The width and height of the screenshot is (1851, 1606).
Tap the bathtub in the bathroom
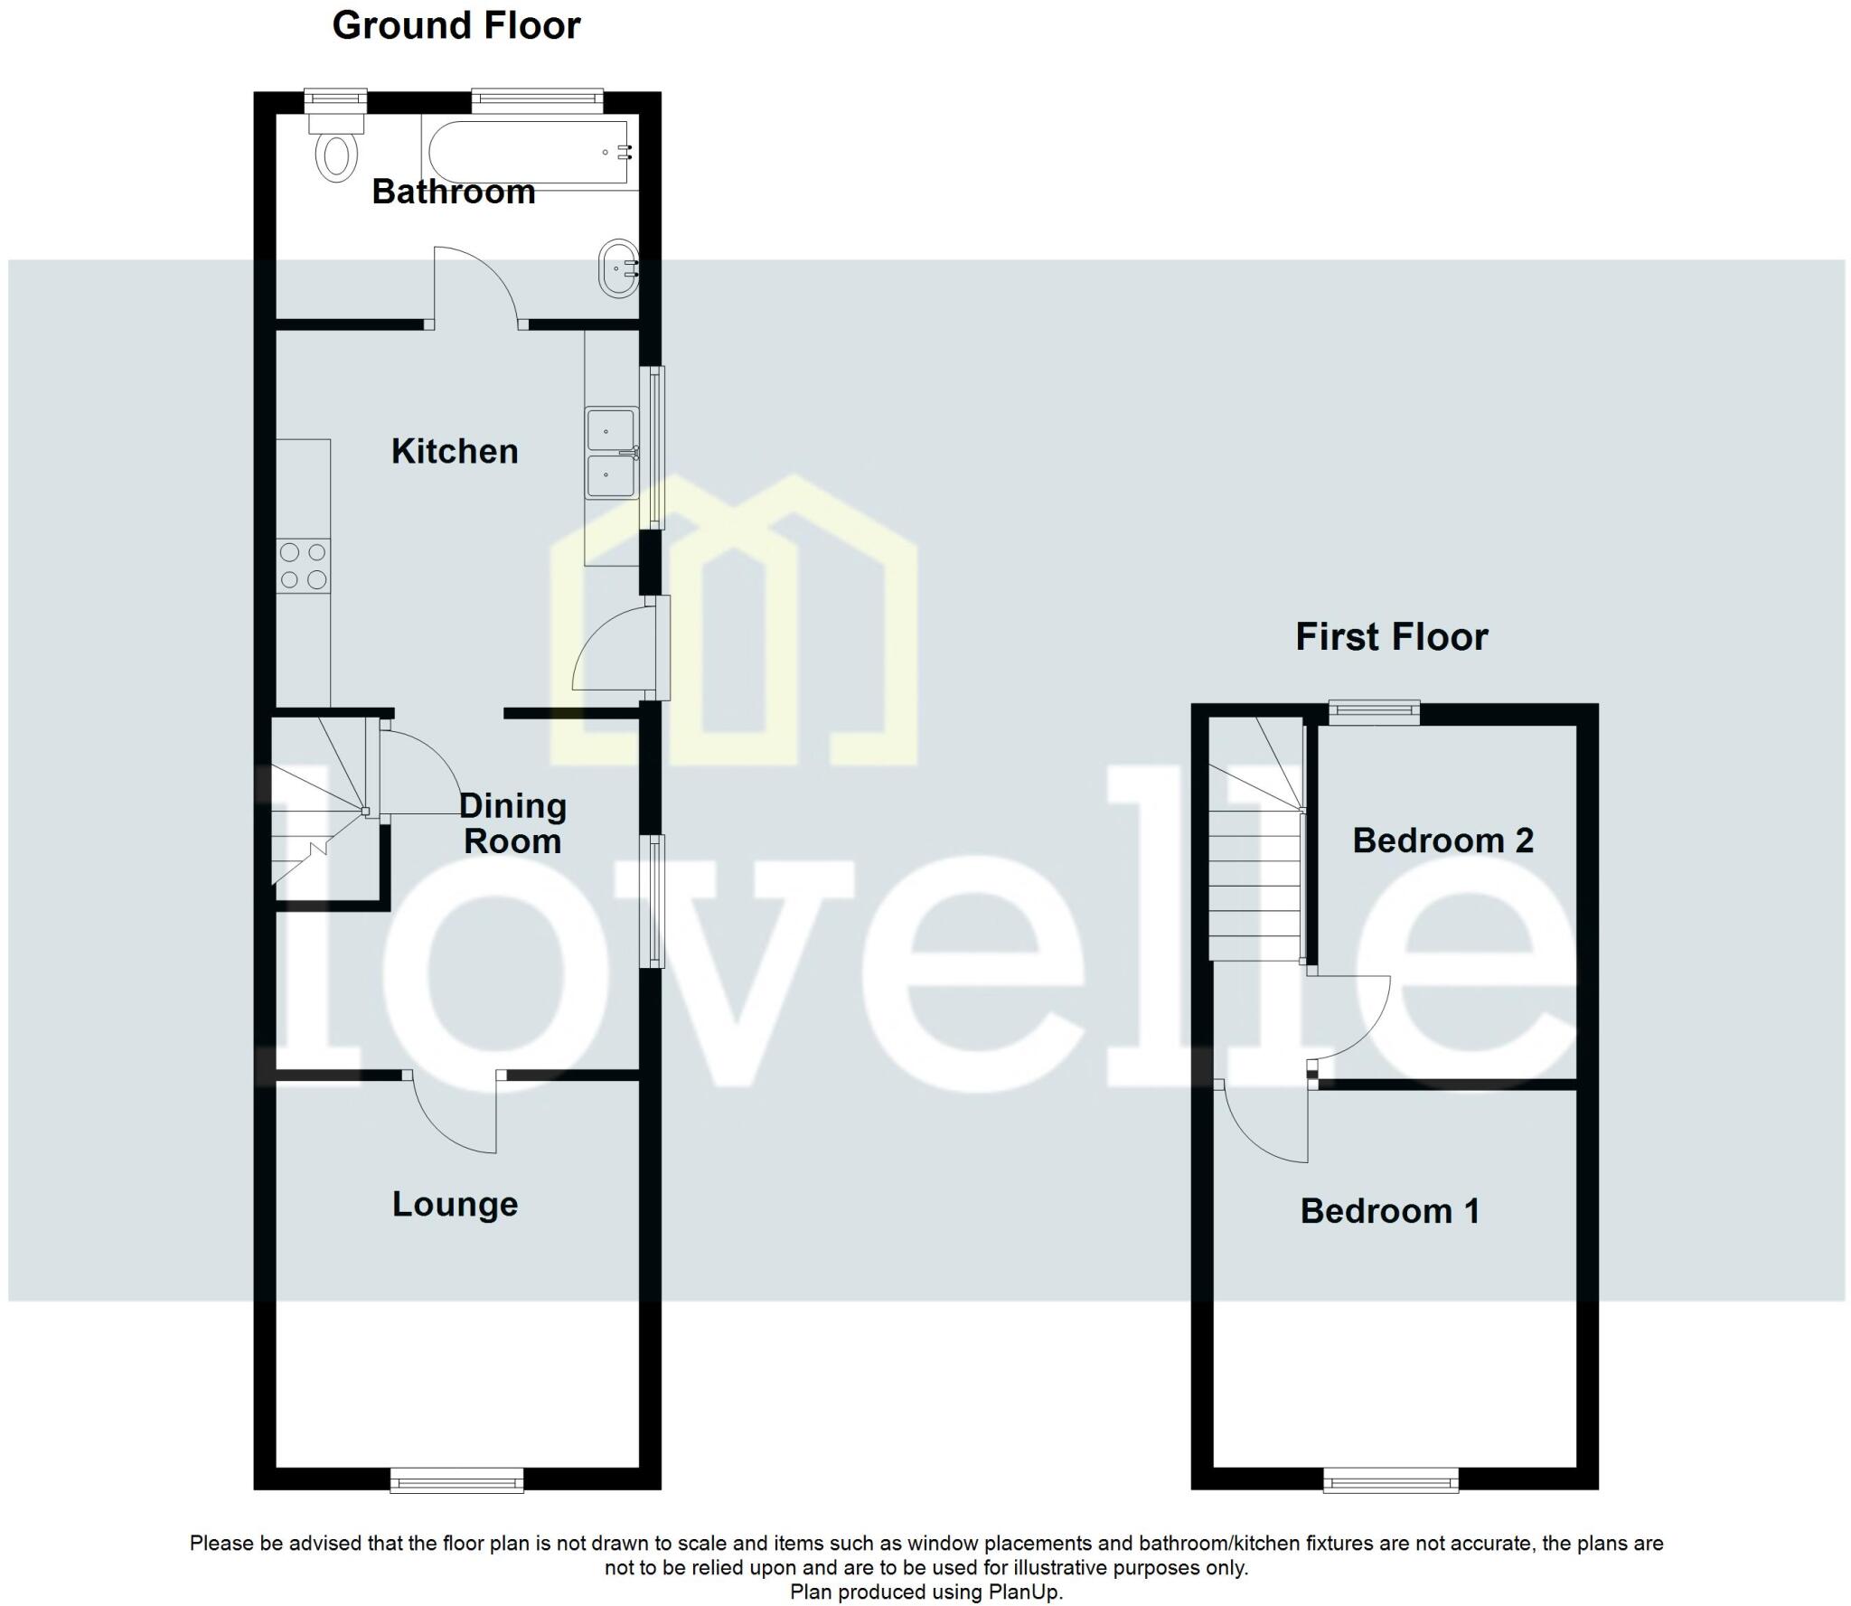(530, 154)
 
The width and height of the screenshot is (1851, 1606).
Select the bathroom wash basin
(621, 268)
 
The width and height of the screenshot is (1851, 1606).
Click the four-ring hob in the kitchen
(303, 566)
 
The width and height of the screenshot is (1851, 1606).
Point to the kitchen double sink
(612, 454)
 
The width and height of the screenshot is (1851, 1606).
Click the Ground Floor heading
(456, 25)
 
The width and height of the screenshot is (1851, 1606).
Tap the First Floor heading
(1391, 637)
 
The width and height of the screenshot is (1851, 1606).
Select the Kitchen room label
(455, 451)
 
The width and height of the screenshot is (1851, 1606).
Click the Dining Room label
(512, 823)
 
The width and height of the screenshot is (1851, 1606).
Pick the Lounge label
(455, 1204)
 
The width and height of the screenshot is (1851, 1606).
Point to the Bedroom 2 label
(1442, 841)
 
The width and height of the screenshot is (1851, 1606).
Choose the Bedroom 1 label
(1390, 1211)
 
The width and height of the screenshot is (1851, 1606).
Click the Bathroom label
(453, 192)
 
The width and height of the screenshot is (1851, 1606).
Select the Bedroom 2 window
(1374, 713)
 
